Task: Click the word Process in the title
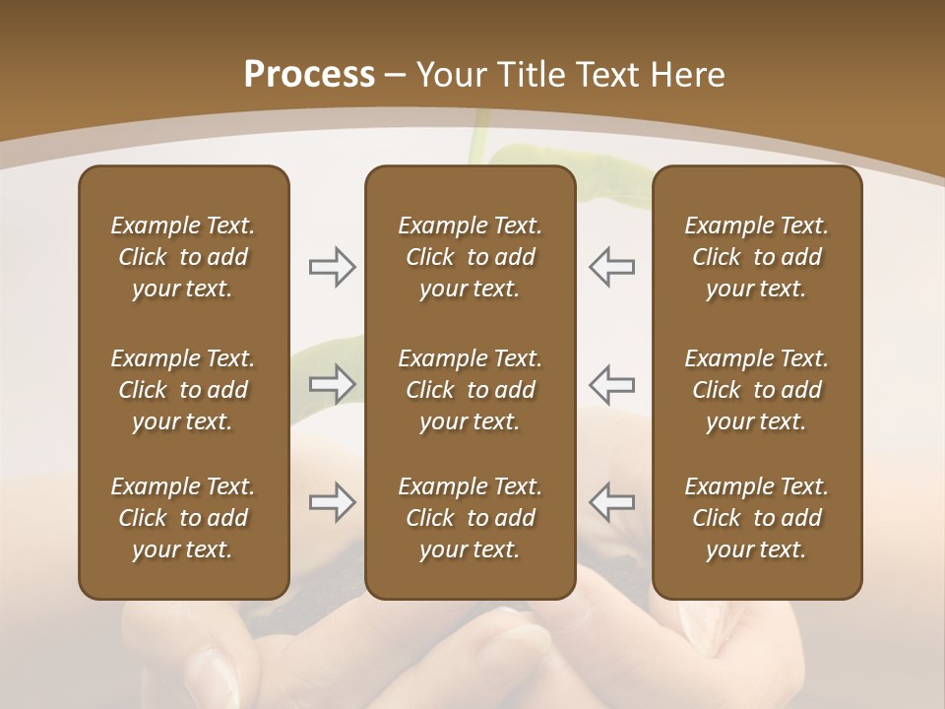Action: (x=309, y=75)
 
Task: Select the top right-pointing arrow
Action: (x=332, y=267)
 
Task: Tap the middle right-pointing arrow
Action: (x=332, y=384)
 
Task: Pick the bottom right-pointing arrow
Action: (x=332, y=502)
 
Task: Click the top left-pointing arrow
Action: (x=612, y=267)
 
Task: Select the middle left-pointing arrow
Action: (x=612, y=384)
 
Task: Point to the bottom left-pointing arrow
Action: (x=612, y=502)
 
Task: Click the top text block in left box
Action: (x=183, y=257)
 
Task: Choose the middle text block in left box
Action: (x=183, y=390)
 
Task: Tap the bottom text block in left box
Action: (x=183, y=518)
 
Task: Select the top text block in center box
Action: (x=471, y=257)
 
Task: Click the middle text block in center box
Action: (x=471, y=390)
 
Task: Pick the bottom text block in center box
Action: (x=471, y=518)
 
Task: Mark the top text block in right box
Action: (x=757, y=257)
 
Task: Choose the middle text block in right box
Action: (x=757, y=390)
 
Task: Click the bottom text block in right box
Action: (x=757, y=518)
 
